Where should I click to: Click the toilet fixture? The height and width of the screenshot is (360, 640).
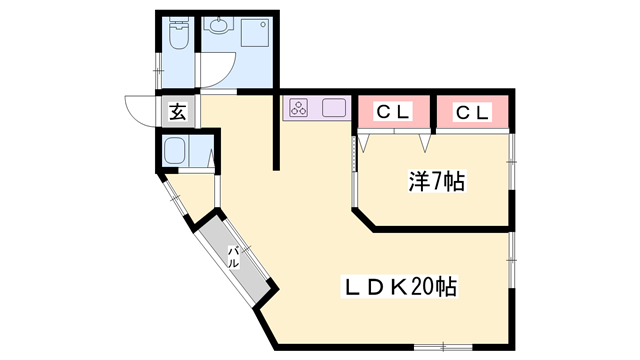pos(176,39)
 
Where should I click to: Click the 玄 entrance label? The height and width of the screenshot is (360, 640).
pos(177,111)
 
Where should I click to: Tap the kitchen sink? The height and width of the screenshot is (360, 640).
pos(333,108)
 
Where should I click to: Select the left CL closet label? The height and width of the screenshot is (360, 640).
pos(393,112)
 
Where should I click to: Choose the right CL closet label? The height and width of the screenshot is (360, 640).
pos(474,112)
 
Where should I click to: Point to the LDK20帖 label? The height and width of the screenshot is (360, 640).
pos(400,287)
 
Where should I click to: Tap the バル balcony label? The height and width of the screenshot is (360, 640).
pos(233,258)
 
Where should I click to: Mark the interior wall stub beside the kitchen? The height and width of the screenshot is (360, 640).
pos(277,130)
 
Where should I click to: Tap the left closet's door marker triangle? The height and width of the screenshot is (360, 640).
pos(364,144)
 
